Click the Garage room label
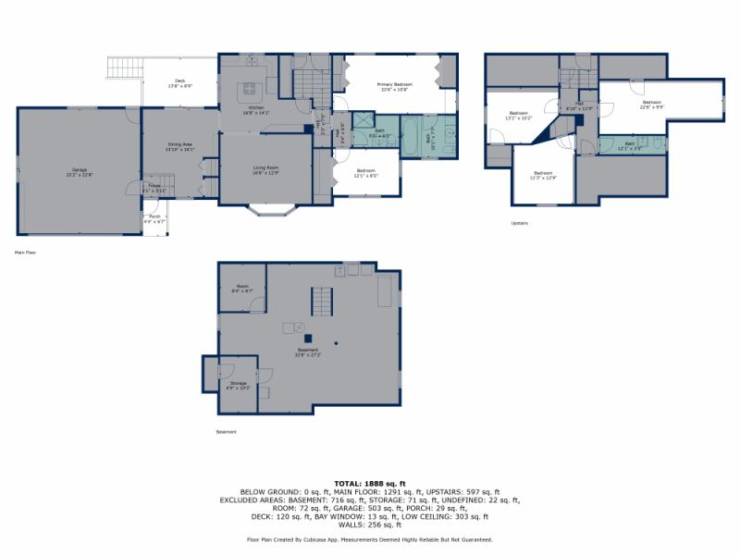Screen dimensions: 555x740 click(x=80, y=171)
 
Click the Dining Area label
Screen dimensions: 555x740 click(x=179, y=146)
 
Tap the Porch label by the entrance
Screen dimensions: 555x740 click(x=154, y=219)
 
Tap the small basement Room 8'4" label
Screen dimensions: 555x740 click(x=241, y=289)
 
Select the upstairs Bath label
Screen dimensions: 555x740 click(x=629, y=145)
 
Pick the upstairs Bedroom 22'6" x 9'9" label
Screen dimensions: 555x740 click(x=652, y=104)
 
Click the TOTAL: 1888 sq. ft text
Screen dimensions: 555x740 click(x=370, y=484)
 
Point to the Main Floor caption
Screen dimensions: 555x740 click(x=26, y=252)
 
